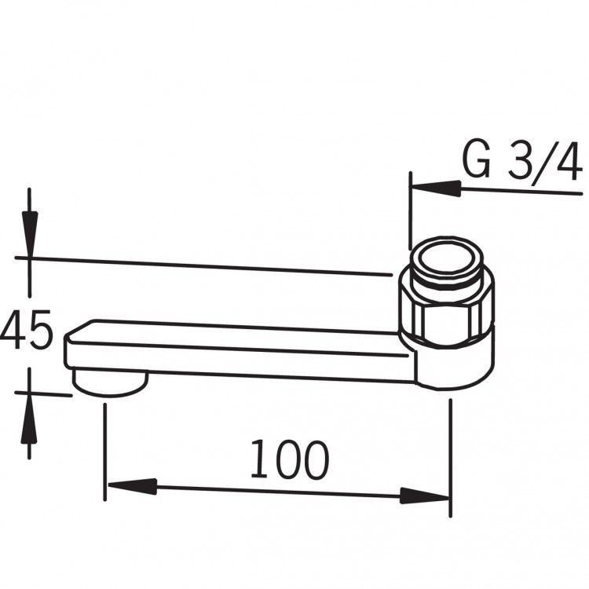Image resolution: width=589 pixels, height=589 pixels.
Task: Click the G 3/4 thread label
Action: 521,162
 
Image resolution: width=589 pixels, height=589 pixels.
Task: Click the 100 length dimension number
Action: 288,460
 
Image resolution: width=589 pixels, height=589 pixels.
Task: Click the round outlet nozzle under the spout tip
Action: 109,384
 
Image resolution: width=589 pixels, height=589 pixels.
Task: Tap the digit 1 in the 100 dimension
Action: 258,460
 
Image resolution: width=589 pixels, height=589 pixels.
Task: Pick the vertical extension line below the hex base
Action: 450,455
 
